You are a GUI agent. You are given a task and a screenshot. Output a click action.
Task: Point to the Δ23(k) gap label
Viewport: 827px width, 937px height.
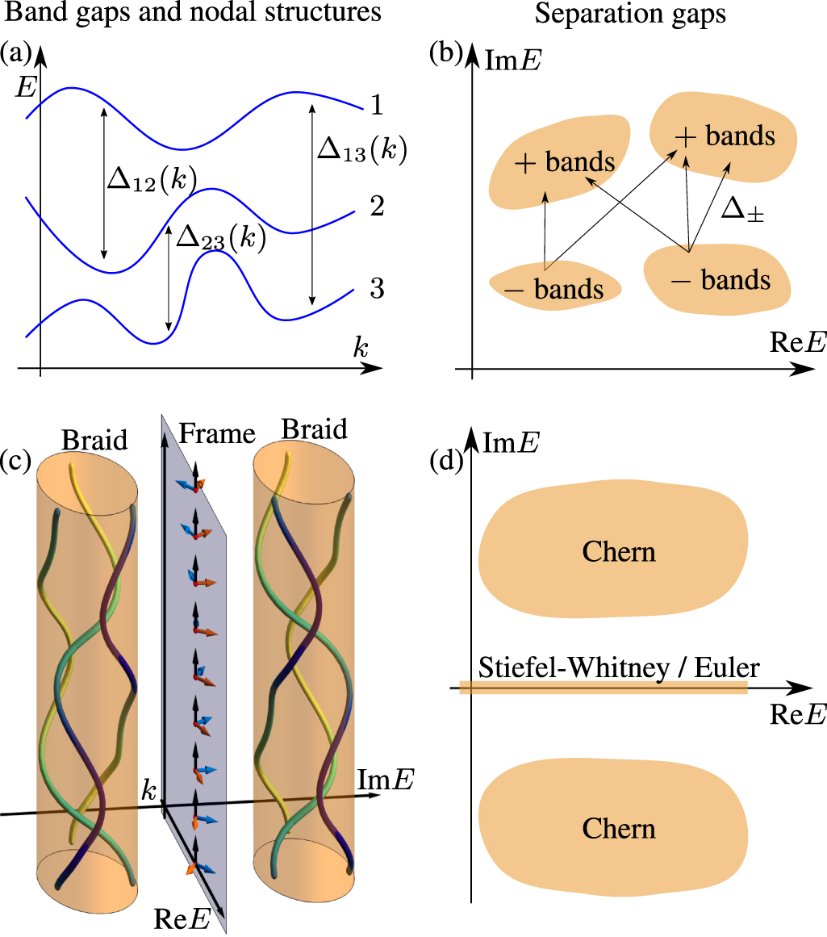tap(220, 239)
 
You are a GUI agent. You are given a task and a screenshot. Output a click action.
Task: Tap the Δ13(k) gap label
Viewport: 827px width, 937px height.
tap(361, 149)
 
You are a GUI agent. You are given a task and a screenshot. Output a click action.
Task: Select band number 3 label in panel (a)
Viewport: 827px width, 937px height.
tap(377, 289)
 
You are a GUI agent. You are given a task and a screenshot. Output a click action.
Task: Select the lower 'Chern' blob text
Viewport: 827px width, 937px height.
tap(619, 830)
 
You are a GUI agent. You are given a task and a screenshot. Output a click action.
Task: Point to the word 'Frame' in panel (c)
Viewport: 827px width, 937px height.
tap(216, 434)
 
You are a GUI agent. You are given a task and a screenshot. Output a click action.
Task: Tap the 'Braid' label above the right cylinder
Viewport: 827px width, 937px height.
tap(315, 429)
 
